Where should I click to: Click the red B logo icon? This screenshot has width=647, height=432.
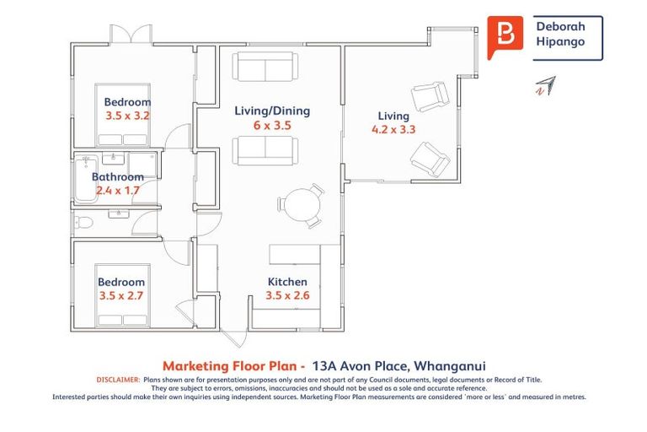505,37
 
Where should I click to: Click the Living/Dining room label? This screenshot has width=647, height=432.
271,111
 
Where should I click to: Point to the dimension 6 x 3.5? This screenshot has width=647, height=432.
271,125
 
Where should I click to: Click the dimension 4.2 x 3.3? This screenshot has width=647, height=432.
393,130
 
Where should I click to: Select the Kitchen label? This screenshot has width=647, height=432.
287,282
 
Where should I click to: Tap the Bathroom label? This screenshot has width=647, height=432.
117,177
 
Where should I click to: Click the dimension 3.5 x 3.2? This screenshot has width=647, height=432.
127,116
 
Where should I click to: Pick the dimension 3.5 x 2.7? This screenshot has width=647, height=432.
121,296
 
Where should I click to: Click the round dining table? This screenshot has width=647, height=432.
298,205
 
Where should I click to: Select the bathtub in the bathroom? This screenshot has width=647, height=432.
83,178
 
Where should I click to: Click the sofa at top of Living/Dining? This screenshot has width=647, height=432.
265,66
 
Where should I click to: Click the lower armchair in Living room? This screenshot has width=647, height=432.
430,159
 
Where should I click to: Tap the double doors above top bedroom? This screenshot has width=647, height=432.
131,35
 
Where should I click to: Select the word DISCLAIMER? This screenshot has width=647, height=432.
116,381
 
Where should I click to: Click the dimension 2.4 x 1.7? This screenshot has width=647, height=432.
117,191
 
